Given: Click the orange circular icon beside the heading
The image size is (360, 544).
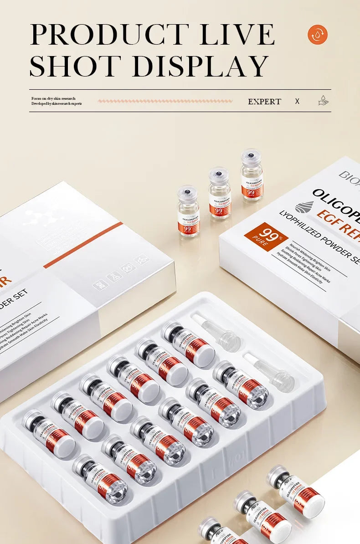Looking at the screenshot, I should pos(318,35).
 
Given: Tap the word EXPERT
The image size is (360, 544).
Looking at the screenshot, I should pos(264,102).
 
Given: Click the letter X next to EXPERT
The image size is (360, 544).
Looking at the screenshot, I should pos(297,101).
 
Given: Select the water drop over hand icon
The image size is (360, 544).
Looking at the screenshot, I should pos(323,101).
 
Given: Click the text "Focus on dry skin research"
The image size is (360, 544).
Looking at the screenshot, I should pos(53,98).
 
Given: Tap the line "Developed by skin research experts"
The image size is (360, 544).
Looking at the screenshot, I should pos(57,104).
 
